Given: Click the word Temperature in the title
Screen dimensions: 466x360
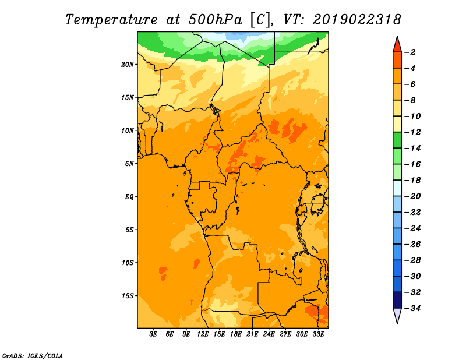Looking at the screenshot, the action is pyautogui.click(x=111, y=20).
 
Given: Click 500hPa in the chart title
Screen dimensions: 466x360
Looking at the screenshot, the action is pyautogui.click(x=216, y=20).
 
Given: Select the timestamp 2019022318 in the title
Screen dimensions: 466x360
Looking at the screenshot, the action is pyautogui.click(x=357, y=20).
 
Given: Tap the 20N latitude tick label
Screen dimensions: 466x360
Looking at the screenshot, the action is pyautogui.click(x=128, y=65).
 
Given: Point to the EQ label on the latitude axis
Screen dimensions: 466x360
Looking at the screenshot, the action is pyautogui.click(x=129, y=197).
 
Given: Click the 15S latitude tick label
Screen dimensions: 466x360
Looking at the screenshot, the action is pyautogui.click(x=128, y=296).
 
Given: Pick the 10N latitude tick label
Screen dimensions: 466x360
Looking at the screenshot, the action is pyautogui.click(x=128, y=130).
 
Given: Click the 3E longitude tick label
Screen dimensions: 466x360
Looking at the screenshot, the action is pyautogui.click(x=153, y=334).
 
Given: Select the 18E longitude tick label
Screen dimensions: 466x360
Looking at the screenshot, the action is pyautogui.click(x=236, y=334).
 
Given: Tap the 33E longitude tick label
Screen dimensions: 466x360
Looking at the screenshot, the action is pyautogui.click(x=318, y=334).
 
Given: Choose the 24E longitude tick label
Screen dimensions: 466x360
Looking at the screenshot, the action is pyautogui.click(x=269, y=334).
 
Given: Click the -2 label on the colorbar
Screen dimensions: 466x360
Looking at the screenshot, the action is pyautogui.click(x=410, y=52).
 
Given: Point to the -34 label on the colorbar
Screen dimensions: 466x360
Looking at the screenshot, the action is pyautogui.click(x=412, y=308).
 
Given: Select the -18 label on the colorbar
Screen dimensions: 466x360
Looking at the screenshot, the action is pyautogui.click(x=412, y=181).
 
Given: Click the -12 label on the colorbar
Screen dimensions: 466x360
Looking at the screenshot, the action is pyautogui.click(x=412, y=132).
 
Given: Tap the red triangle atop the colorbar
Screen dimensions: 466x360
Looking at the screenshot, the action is pyautogui.click(x=397, y=45).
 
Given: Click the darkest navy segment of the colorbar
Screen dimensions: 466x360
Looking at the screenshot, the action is pyautogui.click(x=397, y=300).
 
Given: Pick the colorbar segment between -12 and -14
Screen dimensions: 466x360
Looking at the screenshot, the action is pyautogui.click(x=397, y=140).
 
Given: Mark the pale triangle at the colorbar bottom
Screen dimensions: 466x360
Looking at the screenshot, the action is pyautogui.click(x=397, y=315).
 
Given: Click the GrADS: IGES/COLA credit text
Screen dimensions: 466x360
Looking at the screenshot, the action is pyautogui.click(x=33, y=356).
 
